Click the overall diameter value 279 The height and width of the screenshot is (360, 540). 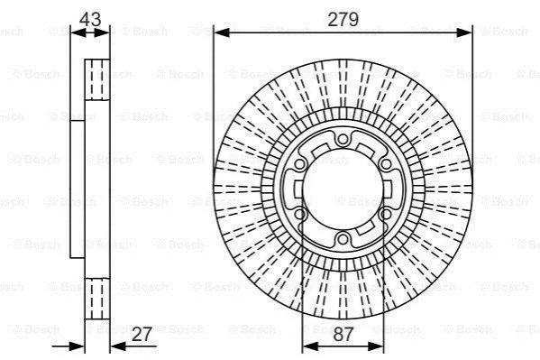pyautogui.click(x=343, y=19)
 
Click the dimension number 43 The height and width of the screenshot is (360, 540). pyautogui.click(x=90, y=19)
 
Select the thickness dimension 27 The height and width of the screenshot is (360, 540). pyautogui.click(x=142, y=334)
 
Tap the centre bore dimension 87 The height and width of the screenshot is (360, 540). pyautogui.click(x=343, y=334)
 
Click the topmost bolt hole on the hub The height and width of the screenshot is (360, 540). pyautogui.click(x=343, y=139)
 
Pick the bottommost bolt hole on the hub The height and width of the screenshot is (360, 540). pyautogui.click(x=343, y=238)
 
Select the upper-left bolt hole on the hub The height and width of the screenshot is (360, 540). pyautogui.click(x=300, y=164)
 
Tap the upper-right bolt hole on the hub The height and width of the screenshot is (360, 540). pyautogui.click(x=386, y=164)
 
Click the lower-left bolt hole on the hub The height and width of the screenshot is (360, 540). pyautogui.click(x=300, y=214)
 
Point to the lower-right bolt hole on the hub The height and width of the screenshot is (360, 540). pyautogui.click(x=386, y=214)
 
